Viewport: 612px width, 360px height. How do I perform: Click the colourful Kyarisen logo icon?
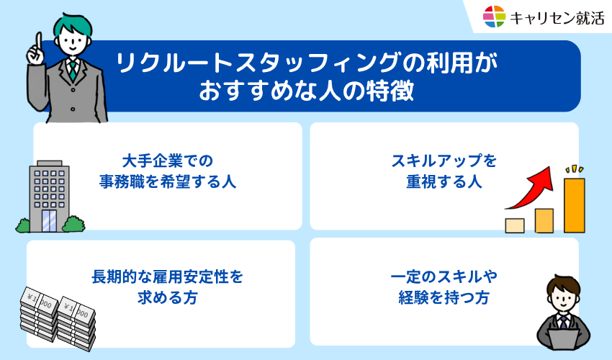coord(494,16)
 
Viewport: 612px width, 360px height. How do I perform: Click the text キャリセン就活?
coord(556,17)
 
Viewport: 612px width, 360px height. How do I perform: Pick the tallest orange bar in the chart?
coord(574,204)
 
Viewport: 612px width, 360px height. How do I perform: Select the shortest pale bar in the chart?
coord(514,225)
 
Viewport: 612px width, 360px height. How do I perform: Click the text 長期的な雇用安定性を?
coord(167,276)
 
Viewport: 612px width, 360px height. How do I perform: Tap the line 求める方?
coord(167,298)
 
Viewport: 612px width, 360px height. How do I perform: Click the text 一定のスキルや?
coord(444,276)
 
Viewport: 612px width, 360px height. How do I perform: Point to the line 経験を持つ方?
coord(444,298)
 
